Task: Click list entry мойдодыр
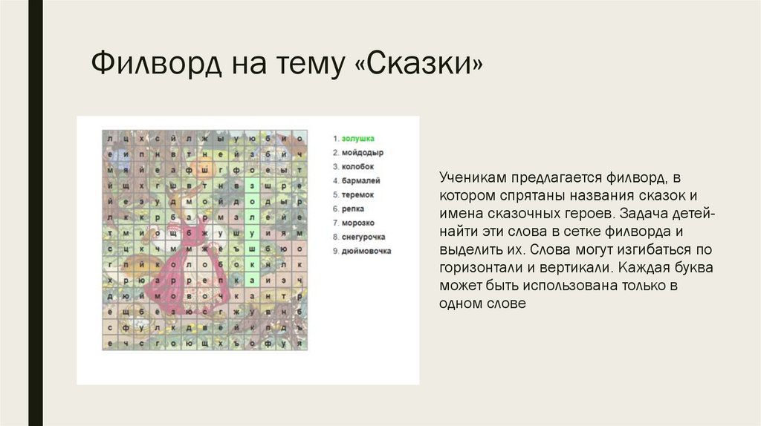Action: coord(362,152)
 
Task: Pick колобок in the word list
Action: coord(358,166)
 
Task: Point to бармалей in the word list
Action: coord(360,180)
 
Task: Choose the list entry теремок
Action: coord(358,194)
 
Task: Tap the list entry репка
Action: coord(354,209)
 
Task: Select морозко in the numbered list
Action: coord(358,223)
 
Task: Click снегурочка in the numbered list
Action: coord(363,237)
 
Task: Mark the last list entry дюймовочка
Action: coord(366,251)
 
